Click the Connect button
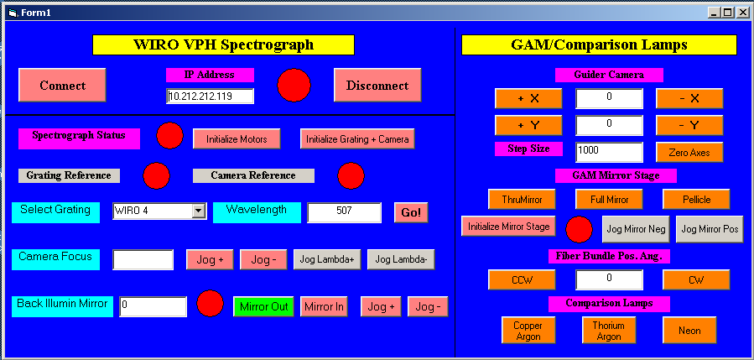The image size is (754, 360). [62, 86]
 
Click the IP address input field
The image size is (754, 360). [211, 96]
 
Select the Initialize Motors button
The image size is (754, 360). [237, 139]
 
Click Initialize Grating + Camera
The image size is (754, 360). [357, 139]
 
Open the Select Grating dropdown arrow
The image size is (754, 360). [198, 211]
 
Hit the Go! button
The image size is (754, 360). [411, 212]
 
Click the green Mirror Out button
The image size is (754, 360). [264, 306]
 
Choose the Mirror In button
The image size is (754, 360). [324, 306]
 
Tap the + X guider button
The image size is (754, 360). [528, 99]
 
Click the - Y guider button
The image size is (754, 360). [689, 126]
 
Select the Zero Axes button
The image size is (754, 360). [689, 153]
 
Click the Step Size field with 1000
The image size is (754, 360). [609, 152]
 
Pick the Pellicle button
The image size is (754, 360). [696, 199]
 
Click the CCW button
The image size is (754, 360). [522, 279]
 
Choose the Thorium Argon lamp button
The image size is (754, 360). [609, 330]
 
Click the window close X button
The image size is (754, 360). [742, 13]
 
